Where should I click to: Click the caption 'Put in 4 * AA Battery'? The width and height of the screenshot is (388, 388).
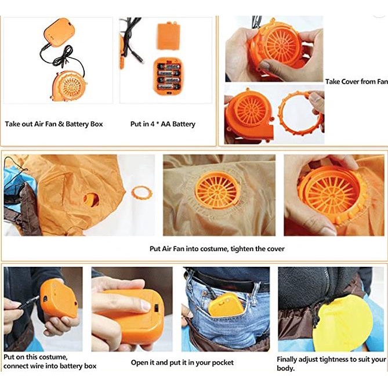pos(162,124)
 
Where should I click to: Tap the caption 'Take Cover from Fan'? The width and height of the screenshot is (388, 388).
pos(356,81)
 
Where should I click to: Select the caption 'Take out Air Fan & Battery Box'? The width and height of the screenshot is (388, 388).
pos(54,124)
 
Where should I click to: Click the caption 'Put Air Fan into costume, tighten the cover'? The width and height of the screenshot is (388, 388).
pos(217,249)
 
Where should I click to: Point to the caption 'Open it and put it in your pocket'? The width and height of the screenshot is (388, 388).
pos(182,362)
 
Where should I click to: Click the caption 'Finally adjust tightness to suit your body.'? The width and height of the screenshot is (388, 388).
pos(331,364)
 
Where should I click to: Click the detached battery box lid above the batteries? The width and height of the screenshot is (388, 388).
pos(168,36)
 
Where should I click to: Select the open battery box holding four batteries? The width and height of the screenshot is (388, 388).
pos(168,77)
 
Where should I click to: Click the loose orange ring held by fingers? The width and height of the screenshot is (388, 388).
pos(300,113)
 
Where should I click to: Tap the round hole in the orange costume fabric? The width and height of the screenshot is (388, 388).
pos(91,200)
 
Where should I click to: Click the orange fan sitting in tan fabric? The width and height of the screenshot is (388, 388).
pos(217,190)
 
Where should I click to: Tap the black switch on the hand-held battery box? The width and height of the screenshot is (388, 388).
pos(156,309)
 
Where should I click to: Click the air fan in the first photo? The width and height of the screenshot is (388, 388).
pos(69,86)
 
